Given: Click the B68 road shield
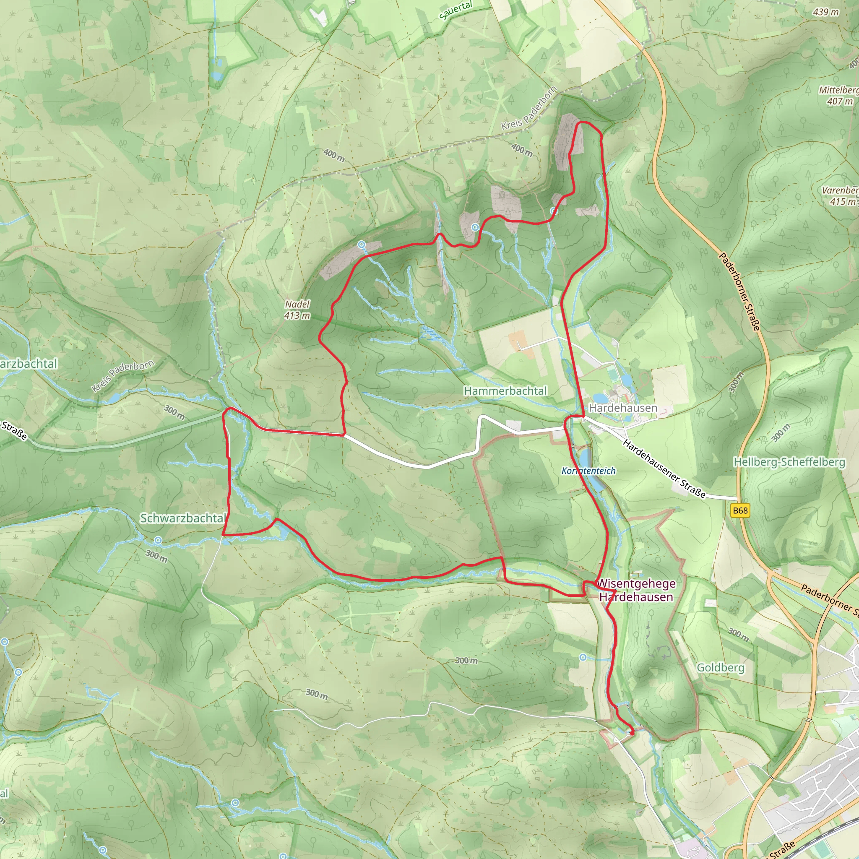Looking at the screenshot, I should [x=740, y=510].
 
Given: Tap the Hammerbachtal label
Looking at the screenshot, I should [x=505, y=391].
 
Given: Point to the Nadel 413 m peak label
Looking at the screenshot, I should [x=297, y=310].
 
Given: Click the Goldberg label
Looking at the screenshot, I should [x=720, y=667].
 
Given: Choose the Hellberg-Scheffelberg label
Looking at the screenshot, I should [x=789, y=462].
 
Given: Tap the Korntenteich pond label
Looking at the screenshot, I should [x=588, y=471].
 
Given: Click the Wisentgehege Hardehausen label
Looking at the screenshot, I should [x=636, y=590].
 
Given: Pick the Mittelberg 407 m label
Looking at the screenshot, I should [x=838, y=96].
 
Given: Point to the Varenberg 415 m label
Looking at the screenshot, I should [x=840, y=195].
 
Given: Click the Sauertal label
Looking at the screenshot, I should [x=456, y=10].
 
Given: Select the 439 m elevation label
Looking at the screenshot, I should [x=825, y=12].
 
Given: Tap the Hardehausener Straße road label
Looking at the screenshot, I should [x=664, y=469].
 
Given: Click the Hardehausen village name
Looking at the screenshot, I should [x=622, y=408].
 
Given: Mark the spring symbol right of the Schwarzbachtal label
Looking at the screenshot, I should [x=158, y=540].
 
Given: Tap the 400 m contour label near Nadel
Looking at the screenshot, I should [x=334, y=156].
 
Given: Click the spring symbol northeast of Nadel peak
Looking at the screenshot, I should [x=362, y=245].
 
